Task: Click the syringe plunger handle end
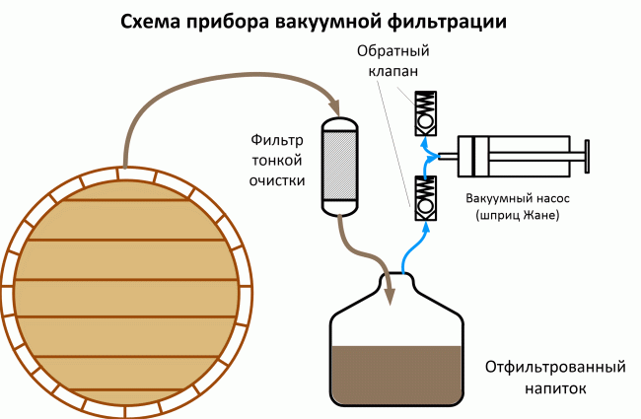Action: pos(588,154)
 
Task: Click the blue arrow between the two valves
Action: pos(426,151)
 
